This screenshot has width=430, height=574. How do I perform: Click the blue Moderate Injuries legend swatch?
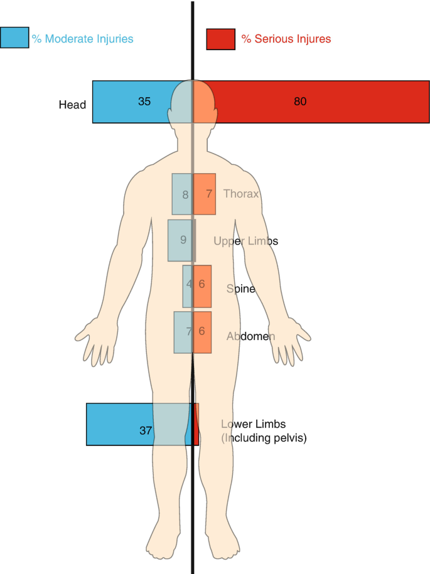point(14,38)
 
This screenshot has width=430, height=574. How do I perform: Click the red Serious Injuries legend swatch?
point(220,39)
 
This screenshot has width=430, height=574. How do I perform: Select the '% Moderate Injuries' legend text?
point(83,39)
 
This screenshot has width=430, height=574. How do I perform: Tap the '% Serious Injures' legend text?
point(286,39)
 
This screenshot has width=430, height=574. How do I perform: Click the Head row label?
point(72,105)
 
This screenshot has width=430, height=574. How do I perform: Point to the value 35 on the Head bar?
point(144,101)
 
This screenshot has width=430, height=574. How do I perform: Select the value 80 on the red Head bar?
point(300,101)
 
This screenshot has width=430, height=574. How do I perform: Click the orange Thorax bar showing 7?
point(205,194)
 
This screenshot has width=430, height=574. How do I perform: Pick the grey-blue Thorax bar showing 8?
point(182,194)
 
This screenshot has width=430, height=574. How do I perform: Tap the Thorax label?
point(241,194)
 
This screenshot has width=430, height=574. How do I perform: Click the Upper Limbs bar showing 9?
point(180,240)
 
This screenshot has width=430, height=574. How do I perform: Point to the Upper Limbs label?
point(245,241)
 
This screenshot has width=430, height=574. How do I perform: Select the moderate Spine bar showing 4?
point(188,286)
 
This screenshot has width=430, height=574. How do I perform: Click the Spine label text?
point(241,289)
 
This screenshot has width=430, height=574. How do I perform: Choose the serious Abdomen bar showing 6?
point(202,332)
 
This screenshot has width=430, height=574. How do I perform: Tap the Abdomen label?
point(250,336)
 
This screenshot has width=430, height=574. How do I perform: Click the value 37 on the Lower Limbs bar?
point(146,430)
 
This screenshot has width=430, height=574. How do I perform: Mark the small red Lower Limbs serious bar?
point(196,425)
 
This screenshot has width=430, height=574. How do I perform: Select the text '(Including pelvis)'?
point(264,438)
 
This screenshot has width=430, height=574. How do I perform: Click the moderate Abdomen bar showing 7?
point(183,332)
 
